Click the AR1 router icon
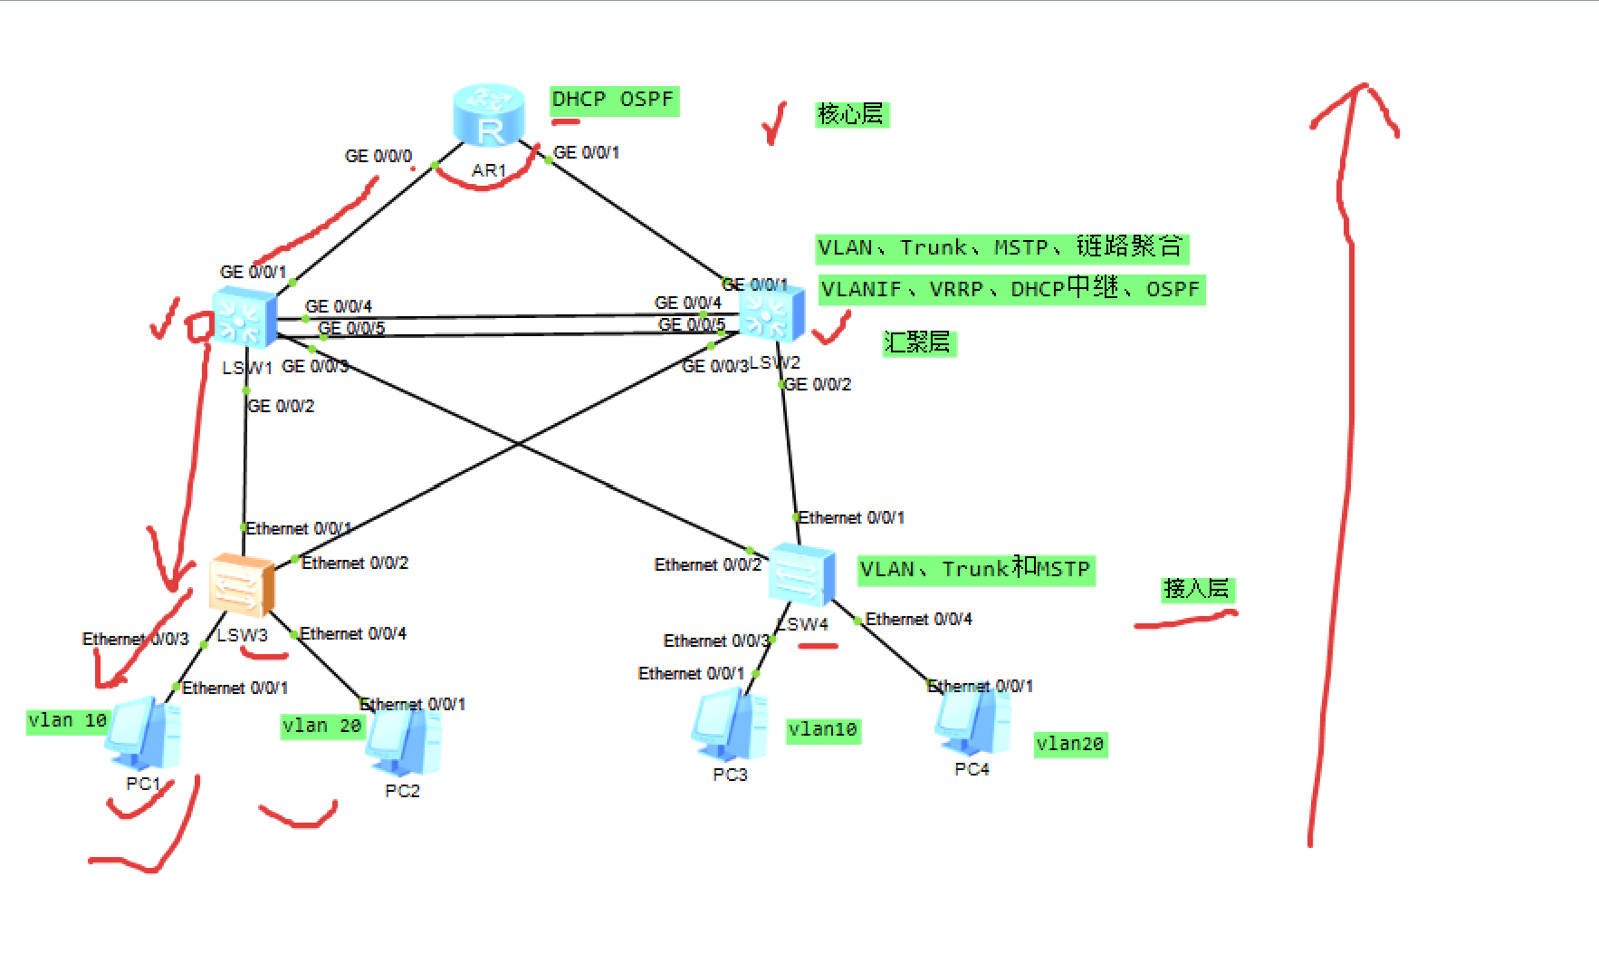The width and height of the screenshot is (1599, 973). coord(489,115)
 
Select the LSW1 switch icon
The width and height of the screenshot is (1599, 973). coord(244,318)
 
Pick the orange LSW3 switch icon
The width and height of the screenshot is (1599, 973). coord(241,585)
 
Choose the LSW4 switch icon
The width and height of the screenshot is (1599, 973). coord(800,574)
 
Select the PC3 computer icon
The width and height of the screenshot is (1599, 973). coord(730,726)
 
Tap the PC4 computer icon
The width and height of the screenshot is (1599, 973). coord(972,722)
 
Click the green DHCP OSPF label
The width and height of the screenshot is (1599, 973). coord(614,100)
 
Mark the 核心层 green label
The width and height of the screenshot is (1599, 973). coord(851,114)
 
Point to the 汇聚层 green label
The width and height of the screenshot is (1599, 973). coord(918,342)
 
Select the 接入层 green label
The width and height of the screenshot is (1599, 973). coord(1197,589)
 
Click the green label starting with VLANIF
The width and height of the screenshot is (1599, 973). coord(1010,290)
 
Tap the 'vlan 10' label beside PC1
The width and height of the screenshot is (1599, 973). coord(68,721)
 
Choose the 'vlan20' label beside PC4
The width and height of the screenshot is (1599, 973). coord(1070,744)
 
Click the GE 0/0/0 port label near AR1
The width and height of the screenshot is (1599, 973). coord(378,157)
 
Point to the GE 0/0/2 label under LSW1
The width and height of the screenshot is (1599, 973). coord(282,406)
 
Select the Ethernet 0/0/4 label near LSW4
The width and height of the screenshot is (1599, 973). coord(919,620)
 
